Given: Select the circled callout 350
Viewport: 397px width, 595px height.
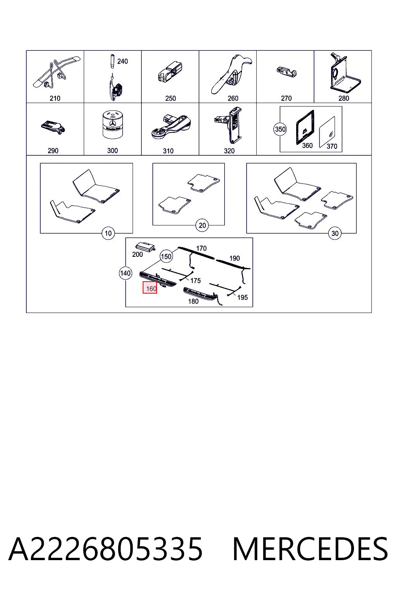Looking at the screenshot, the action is [280, 129].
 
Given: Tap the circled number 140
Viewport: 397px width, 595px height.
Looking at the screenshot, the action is [126, 273].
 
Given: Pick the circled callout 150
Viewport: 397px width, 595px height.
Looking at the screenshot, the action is [166, 256].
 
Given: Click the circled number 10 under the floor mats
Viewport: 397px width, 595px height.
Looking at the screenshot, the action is [108, 233].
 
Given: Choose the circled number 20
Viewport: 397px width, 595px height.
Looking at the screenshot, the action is [202, 225].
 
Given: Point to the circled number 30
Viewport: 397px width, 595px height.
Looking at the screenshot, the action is [335, 233].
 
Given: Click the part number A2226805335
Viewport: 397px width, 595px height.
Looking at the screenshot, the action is [105, 549].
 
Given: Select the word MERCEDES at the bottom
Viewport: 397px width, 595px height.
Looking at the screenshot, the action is [310, 549].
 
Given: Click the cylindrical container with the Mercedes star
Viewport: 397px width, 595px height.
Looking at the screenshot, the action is [113, 125].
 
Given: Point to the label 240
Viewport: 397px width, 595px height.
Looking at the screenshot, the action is [123, 61].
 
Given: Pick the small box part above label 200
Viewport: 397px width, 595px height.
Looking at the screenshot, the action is [145, 247].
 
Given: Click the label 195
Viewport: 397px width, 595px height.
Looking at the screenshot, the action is [243, 297].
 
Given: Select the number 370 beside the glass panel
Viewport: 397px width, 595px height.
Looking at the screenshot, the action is [332, 146].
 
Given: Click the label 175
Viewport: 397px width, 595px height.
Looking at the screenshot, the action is [195, 280].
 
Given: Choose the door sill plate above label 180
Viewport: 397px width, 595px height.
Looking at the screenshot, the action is [201, 294].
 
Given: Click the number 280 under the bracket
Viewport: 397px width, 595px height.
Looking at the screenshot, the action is [343, 98].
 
